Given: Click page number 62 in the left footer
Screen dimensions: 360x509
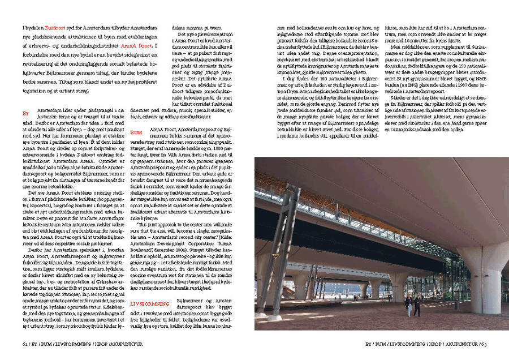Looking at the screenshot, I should [25, 343].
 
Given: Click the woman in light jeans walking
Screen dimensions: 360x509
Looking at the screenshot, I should [407, 306].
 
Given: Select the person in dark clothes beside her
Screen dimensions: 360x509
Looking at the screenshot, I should [416, 306].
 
